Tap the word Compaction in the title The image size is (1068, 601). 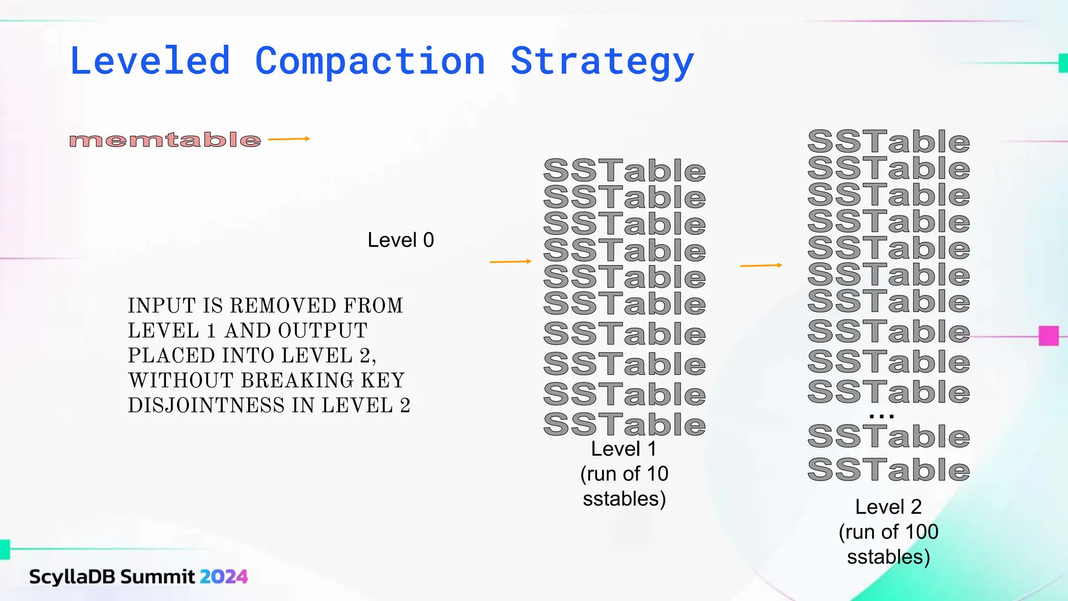[370, 62]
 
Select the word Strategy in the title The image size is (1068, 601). [602, 62]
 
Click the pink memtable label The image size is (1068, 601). [165, 140]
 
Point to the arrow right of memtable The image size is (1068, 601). [289, 139]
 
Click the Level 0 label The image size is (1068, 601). [400, 240]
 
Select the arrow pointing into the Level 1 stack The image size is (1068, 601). [510, 261]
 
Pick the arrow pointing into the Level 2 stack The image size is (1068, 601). [761, 266]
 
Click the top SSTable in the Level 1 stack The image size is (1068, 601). [624, 171]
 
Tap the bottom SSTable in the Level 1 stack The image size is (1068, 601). [624, 424]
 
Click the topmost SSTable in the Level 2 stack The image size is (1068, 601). [888, 141]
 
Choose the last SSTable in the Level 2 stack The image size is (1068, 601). [888, 470]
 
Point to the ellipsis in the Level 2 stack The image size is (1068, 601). [882, 416]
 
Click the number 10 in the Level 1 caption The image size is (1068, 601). [657, 474]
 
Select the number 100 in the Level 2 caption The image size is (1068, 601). [921, 532]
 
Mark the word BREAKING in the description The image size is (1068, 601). [297, 380]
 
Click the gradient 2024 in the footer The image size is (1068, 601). [224, 576]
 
